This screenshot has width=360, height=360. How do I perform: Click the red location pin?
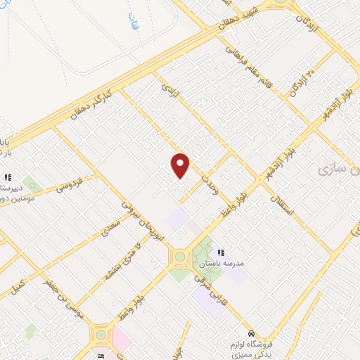tap(181, 166)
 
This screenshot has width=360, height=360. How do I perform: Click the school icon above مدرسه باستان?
tap(221, 252)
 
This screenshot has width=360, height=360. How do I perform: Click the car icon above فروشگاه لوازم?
tap(252, 333)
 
